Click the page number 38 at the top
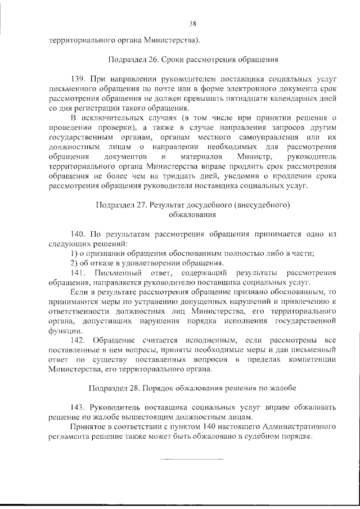click(x=192, y=23)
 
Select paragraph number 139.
click(x=78, y=79)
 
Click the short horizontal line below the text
click(x=191, y=459)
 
